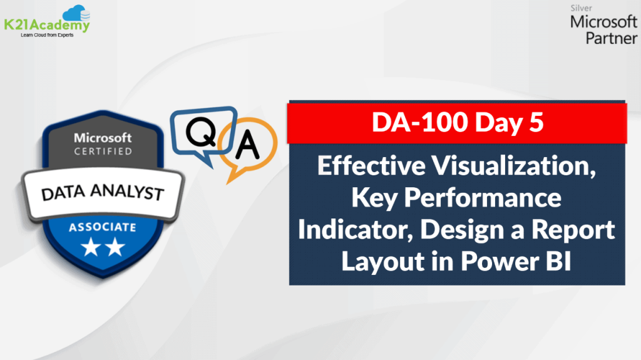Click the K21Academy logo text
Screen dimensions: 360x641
coord(48,26)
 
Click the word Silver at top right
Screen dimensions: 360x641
coord(582,9)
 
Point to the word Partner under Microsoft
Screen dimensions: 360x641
coord(610,38)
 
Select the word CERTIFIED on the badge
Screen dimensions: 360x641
coord(103,151)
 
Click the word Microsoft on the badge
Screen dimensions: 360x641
coord(103,137)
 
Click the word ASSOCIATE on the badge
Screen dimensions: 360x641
coord(103,227)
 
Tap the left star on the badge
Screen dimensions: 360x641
coord(91,249)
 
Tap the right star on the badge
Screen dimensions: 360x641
coord(115,249)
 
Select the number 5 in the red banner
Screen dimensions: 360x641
coord(535,123)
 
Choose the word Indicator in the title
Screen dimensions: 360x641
coord(354,230)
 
